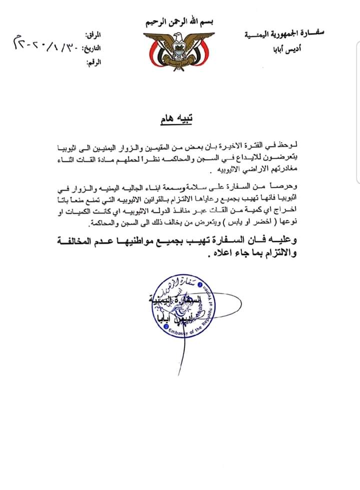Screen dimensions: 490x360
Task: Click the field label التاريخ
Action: tap(92, 48)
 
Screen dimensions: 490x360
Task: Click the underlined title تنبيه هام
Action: tap(181, 120)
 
